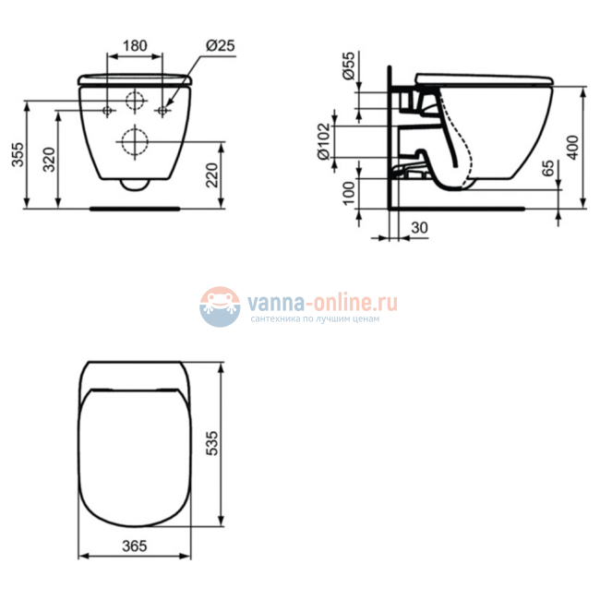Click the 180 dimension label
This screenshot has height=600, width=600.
136,45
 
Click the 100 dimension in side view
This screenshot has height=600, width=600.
347,193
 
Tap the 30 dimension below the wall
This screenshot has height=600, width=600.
420,226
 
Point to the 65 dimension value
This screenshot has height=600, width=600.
548,169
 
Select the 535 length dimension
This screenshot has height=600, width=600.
210,446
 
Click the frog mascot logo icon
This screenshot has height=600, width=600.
220,306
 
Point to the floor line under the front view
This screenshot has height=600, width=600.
135,209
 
